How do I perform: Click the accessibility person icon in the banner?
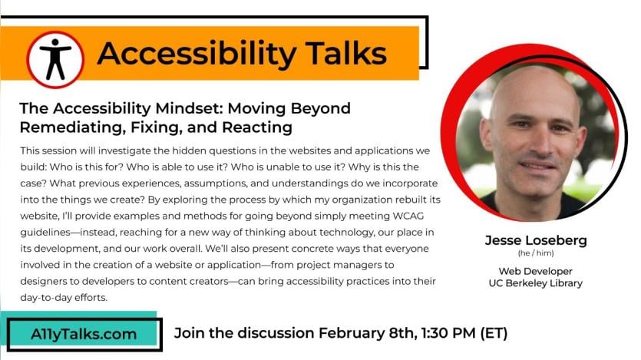click(x=55, y=60)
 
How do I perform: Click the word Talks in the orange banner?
click(x=346, y=54)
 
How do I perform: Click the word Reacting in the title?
click(x=257, y=127)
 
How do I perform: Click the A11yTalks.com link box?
click(x=84, y=334)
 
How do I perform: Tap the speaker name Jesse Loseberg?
click(x=536, y=240)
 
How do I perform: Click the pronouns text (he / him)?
click(x=536, y=253)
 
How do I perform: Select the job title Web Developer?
click(x=536, y=271)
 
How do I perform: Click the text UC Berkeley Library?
click(x=536, y=283)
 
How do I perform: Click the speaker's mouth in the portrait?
click(x=537, y=165)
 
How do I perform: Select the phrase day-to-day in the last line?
click(x=46, y=298)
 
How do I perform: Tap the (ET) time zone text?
click(x=494, y=333)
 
